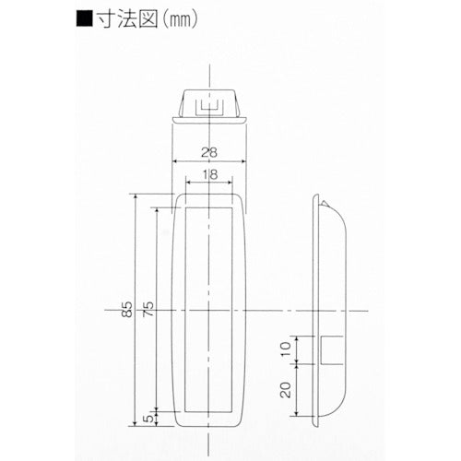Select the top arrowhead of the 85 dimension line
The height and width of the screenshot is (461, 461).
click(136, 196)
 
